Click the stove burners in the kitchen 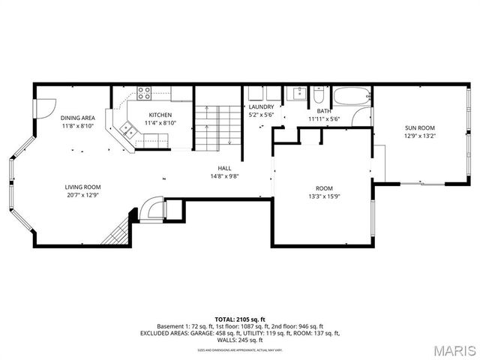(x=143, y=94)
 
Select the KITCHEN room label (x=160, y=115)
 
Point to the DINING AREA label (x=77, y=118)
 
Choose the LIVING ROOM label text (x=82, y=187)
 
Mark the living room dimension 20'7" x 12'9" (x=82, y=196)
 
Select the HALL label (x=224, y=168)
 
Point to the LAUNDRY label (x=262, y=106)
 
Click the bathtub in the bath (x=352, y=97)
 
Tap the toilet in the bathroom (x=319, y=97)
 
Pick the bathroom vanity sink (x=297, y=94)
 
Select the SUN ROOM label (x=420, y=127)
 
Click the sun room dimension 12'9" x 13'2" (x=420, y=136)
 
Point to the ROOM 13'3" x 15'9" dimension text (x=324, y=196)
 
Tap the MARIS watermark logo (x=453, y=350)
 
